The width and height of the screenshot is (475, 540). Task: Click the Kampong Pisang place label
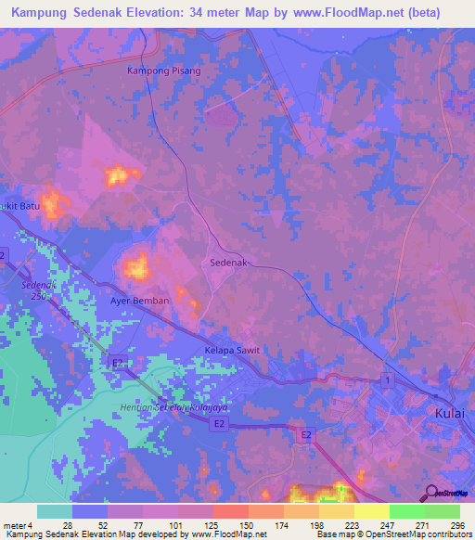tap(163, 71)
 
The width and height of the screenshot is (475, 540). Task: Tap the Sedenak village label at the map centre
tap(228, 264)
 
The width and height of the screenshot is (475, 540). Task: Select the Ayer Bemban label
tap(139, 302)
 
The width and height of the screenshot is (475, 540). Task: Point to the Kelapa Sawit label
tap(232, 351)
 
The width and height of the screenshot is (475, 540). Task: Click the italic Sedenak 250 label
tap(40, 290)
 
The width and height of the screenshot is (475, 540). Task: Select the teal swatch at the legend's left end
tap(55, 511)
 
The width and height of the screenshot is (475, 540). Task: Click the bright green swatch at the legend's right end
tap(442, 511)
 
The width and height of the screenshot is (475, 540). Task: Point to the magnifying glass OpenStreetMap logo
tap(430, 495)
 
